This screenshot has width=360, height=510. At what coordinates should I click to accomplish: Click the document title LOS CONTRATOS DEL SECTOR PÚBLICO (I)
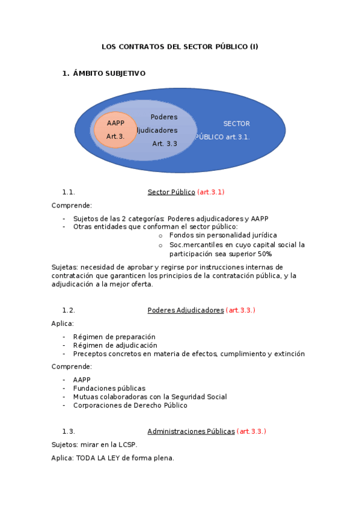point(180,46)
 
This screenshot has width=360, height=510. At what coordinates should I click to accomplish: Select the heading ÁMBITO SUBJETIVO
point(109,73)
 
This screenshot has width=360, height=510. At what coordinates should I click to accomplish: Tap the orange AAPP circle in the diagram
point(115,129)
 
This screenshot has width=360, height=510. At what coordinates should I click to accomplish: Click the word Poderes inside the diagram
point(163,117)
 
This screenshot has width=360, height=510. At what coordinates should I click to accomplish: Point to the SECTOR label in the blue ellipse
point(236,124)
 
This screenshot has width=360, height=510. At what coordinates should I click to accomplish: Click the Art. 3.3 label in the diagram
point(165,144)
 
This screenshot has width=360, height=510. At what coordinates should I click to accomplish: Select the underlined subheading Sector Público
point(171,192)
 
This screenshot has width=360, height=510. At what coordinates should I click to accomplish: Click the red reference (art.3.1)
point(210,192)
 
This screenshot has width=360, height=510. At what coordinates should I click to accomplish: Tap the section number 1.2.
point(69,310)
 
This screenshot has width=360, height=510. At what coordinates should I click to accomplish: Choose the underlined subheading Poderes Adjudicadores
point(186,310)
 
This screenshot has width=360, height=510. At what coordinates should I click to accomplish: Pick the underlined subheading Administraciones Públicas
point(191,431)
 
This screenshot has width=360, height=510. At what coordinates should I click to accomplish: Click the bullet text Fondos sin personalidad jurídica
point(223,235)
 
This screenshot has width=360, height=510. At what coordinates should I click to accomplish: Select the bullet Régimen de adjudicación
point(115,345)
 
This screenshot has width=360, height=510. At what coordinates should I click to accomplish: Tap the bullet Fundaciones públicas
point(109,389)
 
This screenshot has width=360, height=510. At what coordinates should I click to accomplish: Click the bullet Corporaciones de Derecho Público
point(130,405)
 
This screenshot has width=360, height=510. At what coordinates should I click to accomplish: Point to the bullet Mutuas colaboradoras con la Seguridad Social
point(150,397)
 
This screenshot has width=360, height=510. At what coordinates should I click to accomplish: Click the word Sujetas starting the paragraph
point(64,267)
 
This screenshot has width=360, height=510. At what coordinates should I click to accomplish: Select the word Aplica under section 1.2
point(63,324)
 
